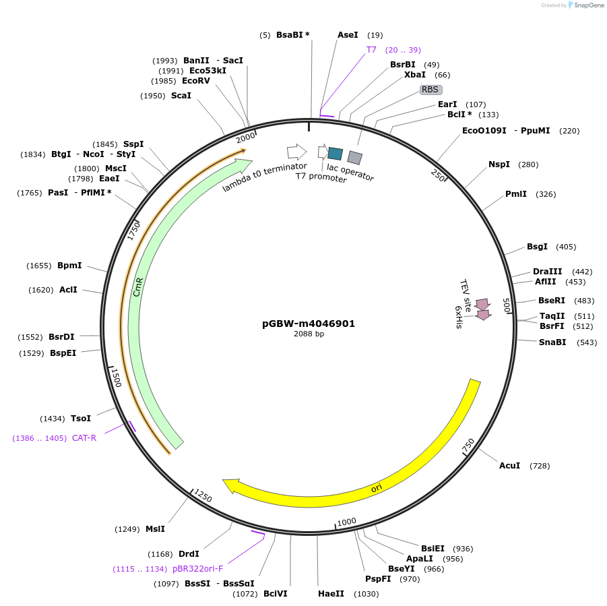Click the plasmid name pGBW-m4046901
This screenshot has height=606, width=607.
coord(308,324)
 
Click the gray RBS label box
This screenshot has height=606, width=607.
coord(430,89)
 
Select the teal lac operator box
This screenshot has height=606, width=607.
coord(335,153)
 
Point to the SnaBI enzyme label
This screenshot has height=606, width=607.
coord(552,342)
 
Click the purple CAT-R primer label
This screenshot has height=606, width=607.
coord(84,438)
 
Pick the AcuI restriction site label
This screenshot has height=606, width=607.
coord(509,466)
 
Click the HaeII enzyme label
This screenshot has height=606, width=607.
coord(331,594)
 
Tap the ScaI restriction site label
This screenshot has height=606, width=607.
coord(181,96)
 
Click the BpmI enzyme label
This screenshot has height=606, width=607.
coord(69,266)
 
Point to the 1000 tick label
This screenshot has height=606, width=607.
coord(346,522)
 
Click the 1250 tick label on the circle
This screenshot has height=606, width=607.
coord(202,497)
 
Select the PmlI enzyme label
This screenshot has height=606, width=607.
coord(516,194)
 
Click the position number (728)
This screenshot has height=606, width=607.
coord(540,466)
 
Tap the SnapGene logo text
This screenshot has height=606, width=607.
coord(587,5)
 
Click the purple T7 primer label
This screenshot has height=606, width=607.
coord(371,50)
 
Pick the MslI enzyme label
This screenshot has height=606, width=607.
coord(155,529)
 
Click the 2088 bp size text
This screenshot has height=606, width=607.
coord(309,334)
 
